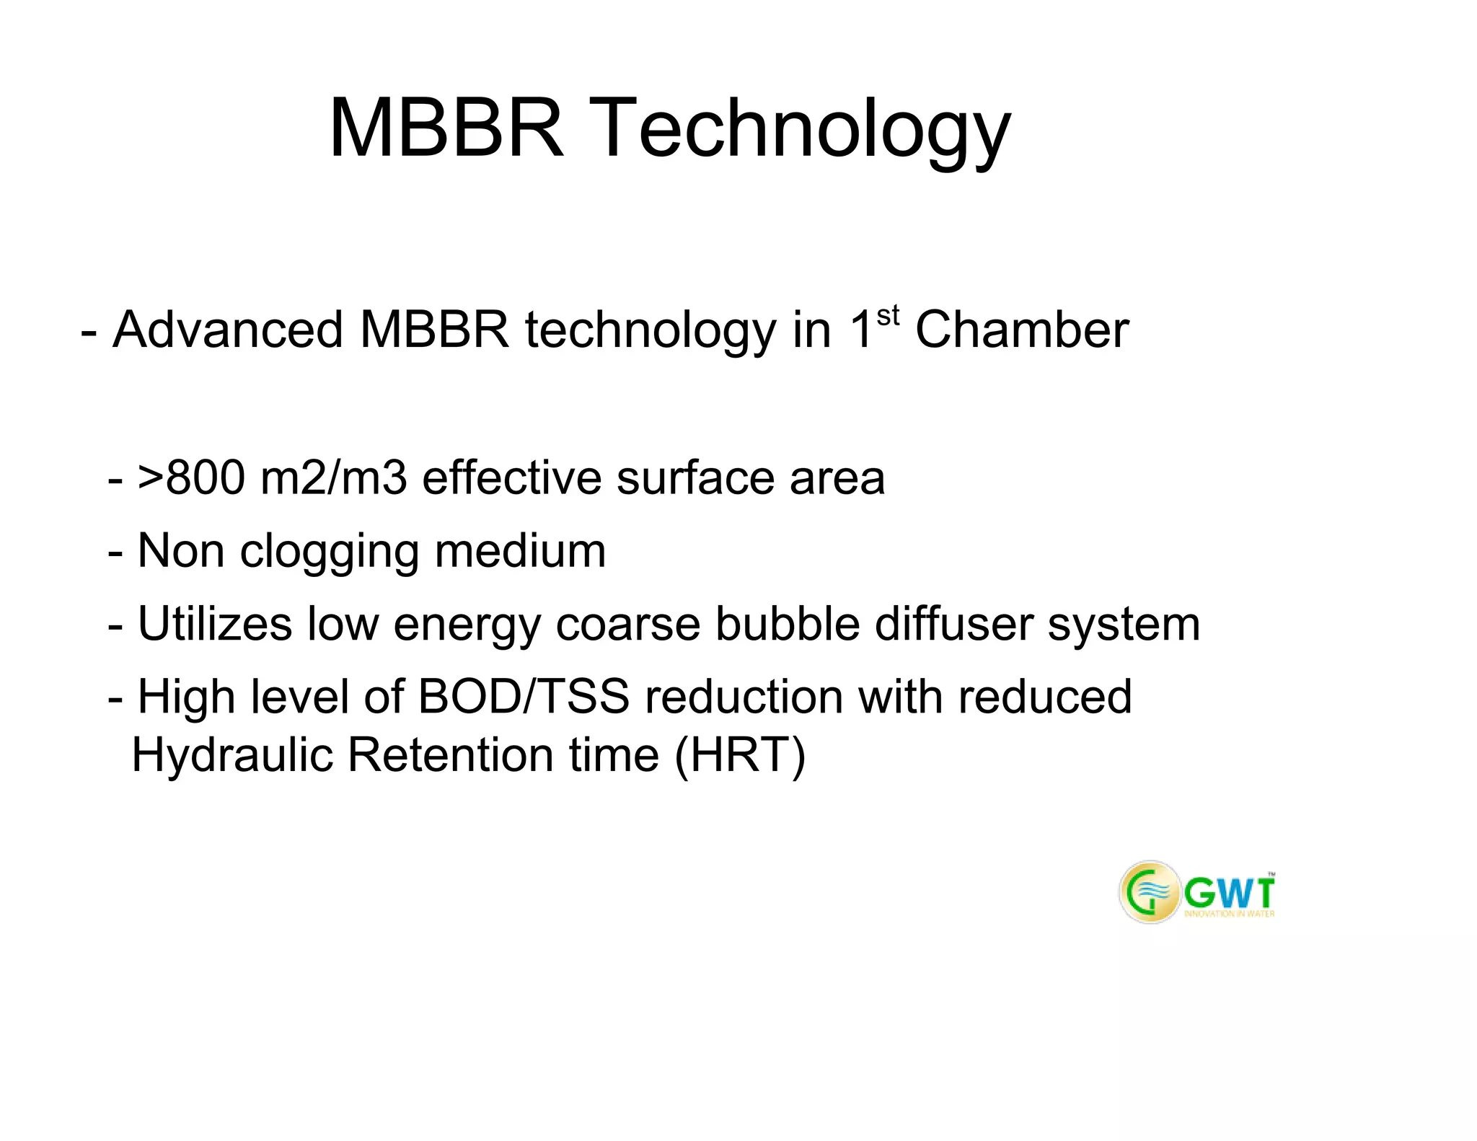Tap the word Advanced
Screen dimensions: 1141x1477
pos(228,330)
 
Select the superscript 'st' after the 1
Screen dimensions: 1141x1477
pos(888,316)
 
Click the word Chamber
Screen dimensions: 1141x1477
pos(1021,330)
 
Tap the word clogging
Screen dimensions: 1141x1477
pos(329,552)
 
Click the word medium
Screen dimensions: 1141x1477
pos(520,551)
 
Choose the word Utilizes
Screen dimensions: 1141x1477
pos(215,624)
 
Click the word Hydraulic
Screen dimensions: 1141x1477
pos(232,756)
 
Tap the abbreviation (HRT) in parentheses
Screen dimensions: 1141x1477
pos(740,756)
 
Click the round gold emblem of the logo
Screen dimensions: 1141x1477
pos(1150,892)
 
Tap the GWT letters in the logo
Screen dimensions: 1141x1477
pos(1229,894)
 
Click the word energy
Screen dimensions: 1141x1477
pos(467,625)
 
